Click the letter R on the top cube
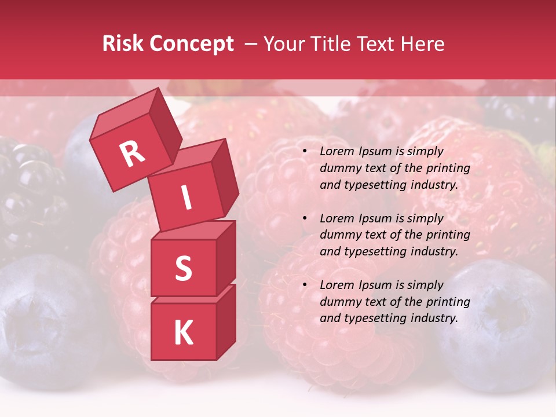coord(132,153)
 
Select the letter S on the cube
coord(183,268)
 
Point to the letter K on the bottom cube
coord(183,333)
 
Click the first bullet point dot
coord(305,151)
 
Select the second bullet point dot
coord(305,218)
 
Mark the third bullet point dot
coord(305,285)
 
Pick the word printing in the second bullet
coord(447,235)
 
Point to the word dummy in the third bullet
coord(338,302)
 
